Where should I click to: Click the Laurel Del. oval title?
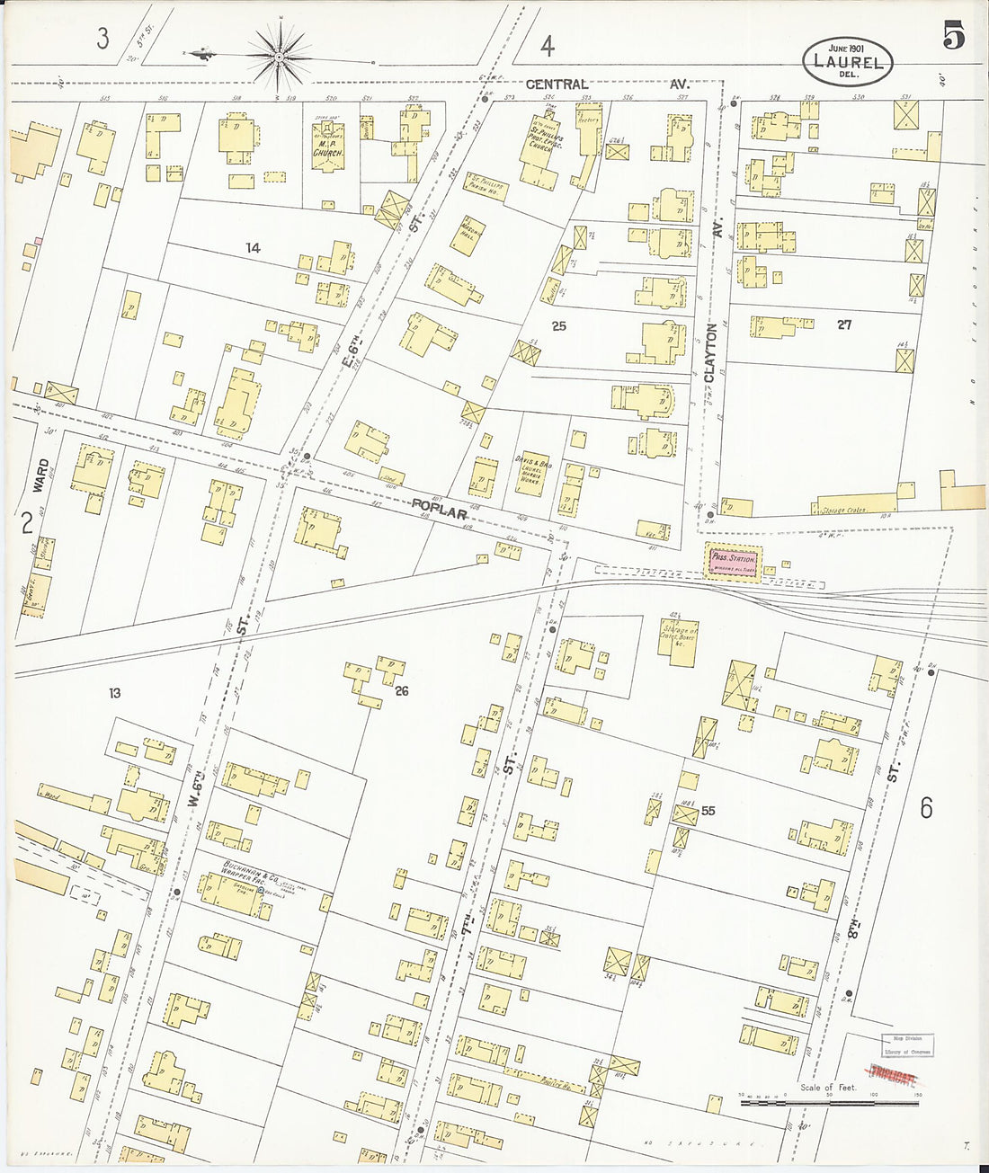point(848,60)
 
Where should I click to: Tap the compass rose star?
point(279,56)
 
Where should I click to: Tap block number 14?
point(253,247)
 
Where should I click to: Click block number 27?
point(843,325)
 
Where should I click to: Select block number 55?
point(708,810)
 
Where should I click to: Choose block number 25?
point(558,325)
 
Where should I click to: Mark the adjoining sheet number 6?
point(925,808)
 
